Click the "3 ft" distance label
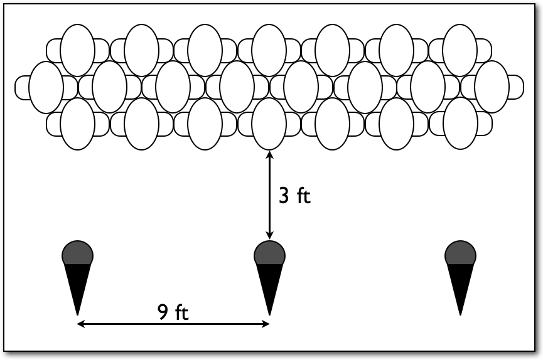294,196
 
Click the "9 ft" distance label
173,312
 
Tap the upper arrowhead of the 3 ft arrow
270,154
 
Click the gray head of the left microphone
78,253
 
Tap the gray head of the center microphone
270,253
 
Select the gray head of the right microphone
460,253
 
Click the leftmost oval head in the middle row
46,87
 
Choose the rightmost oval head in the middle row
492,87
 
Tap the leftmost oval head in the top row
78,51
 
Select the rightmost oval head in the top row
460,51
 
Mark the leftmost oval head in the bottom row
78,124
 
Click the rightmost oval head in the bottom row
460,124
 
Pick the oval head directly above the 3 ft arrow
270,124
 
